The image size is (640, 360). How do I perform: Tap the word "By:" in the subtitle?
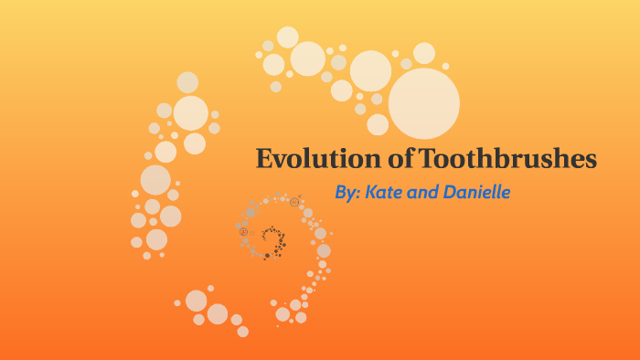(x=348, y=194)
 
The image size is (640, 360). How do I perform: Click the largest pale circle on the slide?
(x=423, y=103)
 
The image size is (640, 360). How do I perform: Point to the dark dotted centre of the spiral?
(x=271, y=239)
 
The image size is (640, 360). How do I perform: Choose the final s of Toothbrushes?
(x=591, y=161)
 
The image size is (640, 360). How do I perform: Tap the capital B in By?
(x=341, y=194)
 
